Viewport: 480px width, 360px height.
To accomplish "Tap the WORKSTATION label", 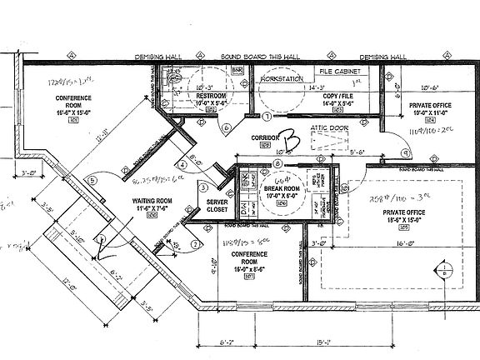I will coord(282,77).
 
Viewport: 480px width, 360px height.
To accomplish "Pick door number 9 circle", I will coord(404,152).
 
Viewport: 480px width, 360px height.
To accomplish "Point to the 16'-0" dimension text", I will coord(405,244).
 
